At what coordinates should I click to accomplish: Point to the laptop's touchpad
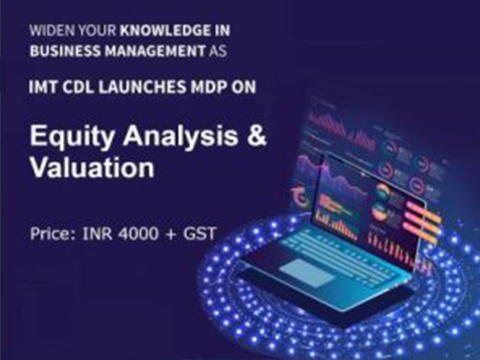pyautogui.click(x=307, y=272)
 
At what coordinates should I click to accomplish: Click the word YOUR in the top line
pyautogui.click(x=96, y=30)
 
